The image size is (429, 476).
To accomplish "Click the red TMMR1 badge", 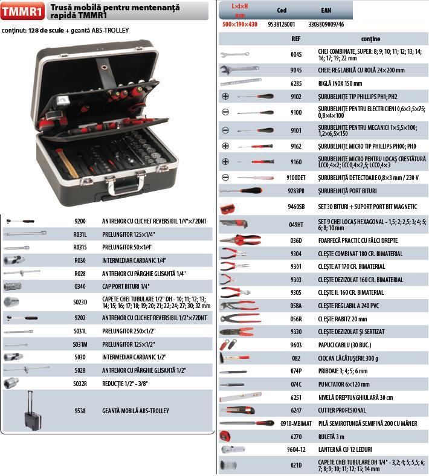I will point(23,11).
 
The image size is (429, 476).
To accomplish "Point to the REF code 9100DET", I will point(296,178).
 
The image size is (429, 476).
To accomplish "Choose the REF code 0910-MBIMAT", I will point(296,423).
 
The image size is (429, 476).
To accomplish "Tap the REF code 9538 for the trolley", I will point(80,411).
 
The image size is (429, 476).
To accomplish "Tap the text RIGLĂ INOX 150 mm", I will point(340,83).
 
